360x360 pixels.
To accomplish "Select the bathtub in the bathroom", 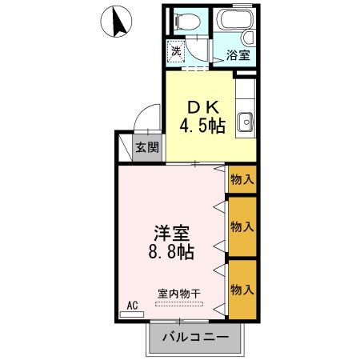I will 236,24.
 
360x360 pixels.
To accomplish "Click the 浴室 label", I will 237,55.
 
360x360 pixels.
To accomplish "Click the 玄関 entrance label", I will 146,147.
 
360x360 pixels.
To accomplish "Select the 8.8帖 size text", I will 171,252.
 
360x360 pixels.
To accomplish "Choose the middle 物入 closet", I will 242,226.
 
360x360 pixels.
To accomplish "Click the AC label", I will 133,305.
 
